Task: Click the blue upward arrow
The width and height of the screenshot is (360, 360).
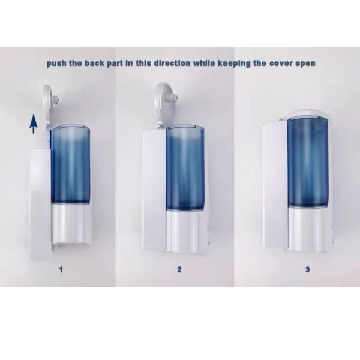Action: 34,124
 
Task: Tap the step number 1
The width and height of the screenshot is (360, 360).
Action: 61,269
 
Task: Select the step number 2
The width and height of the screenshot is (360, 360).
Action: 179,269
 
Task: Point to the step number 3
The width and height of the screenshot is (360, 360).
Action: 308,269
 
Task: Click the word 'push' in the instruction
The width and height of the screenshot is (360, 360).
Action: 59,63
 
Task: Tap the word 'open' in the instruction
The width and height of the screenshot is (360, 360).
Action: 302,63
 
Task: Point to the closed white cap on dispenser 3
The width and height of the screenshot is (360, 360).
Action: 310,112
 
